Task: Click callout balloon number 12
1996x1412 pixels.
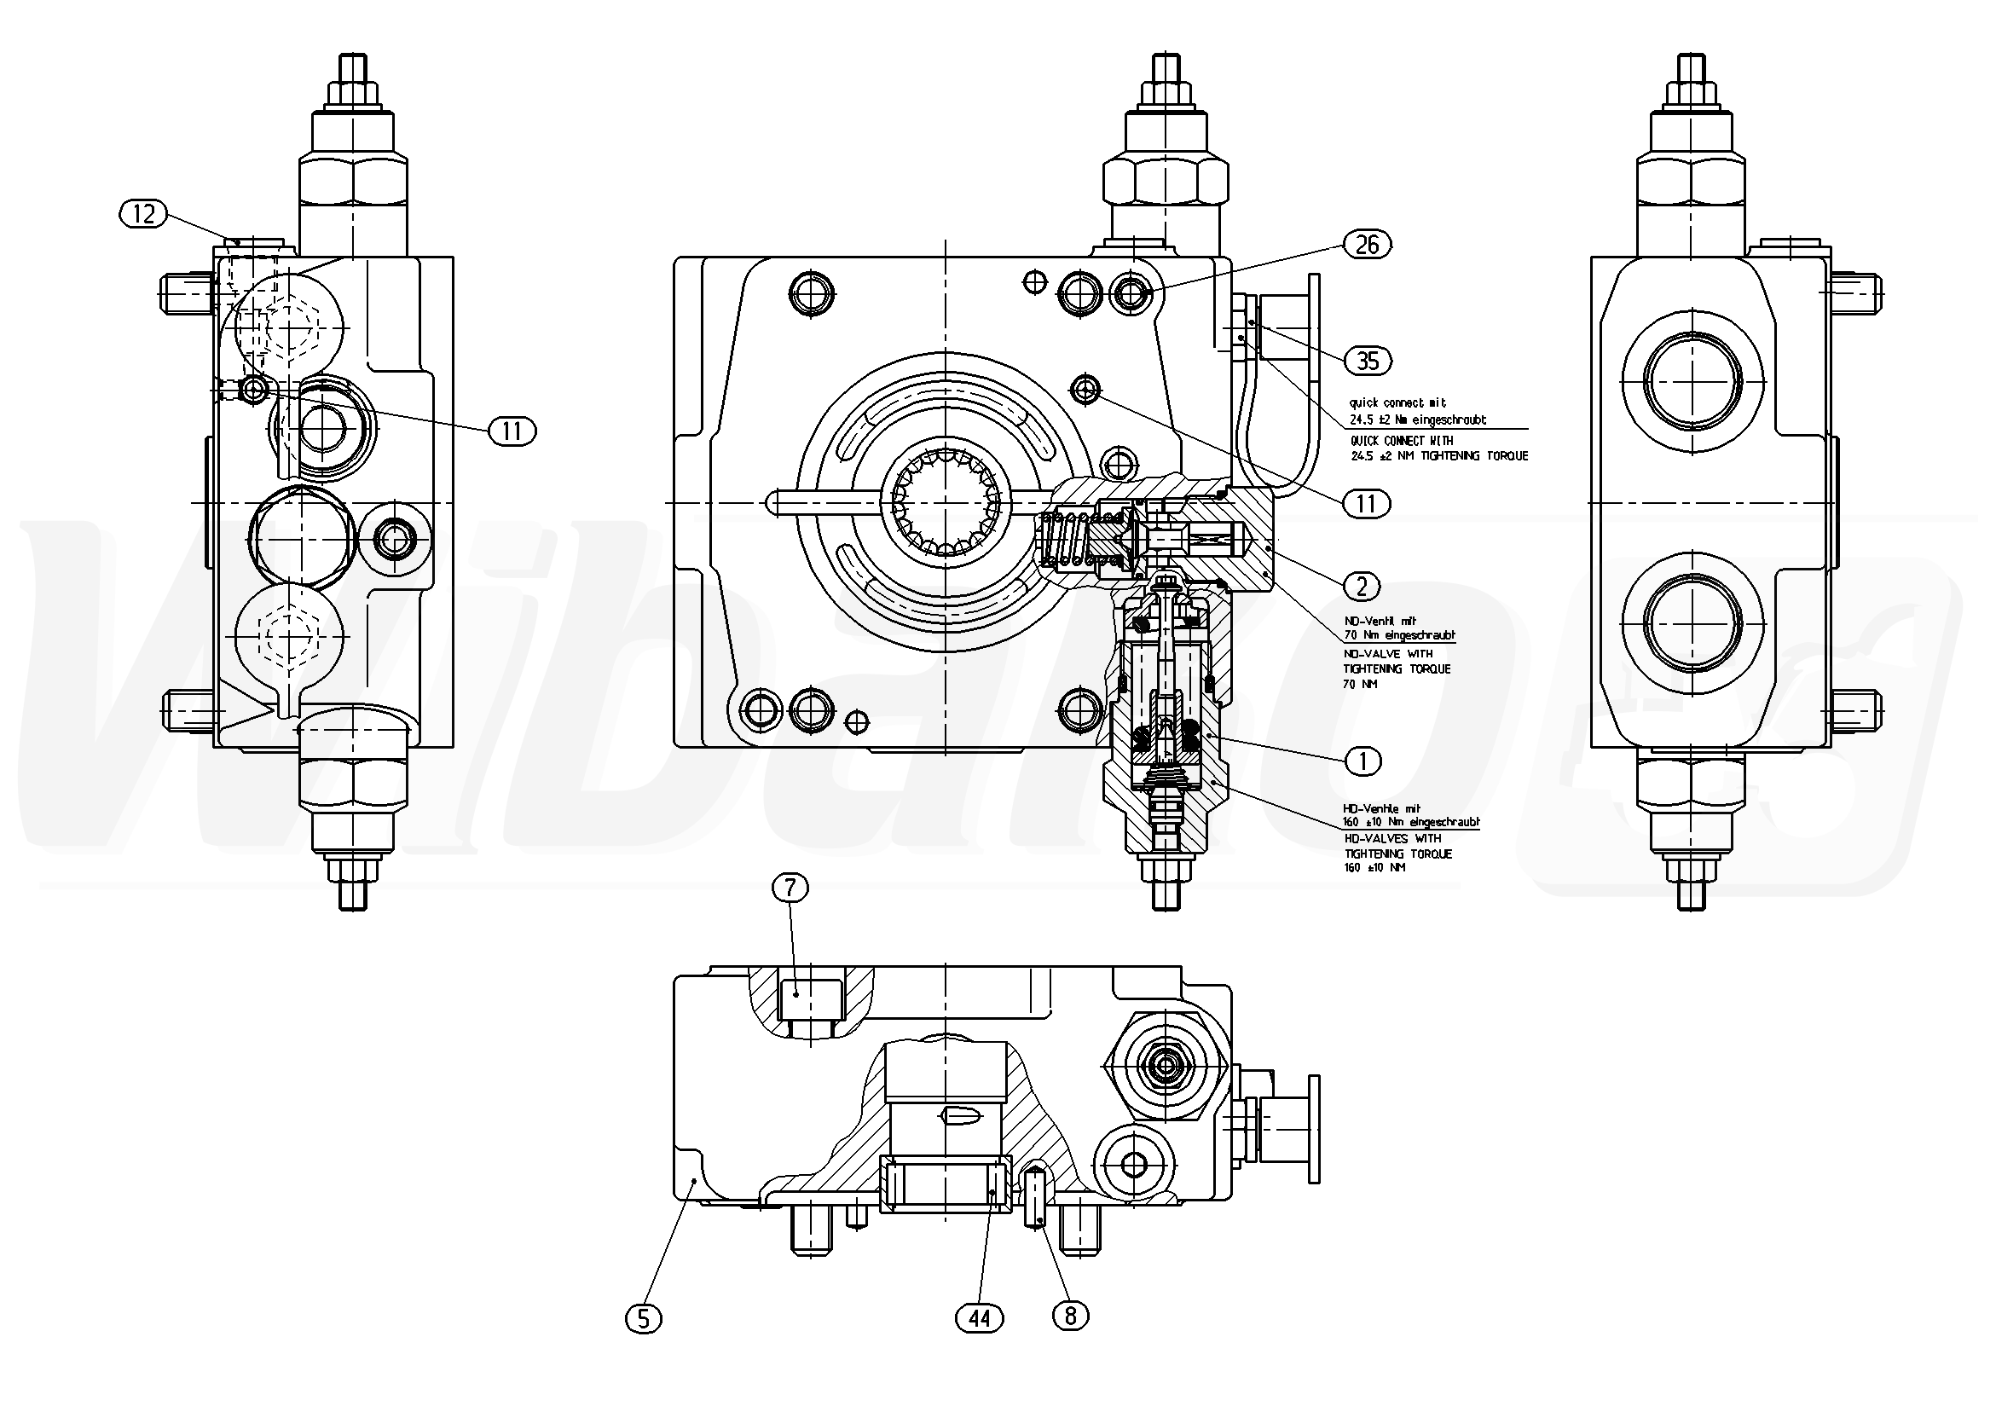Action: [144, 213]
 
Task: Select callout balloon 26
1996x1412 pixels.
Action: [1367, 246]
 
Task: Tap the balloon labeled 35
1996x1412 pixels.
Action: [1368, 360]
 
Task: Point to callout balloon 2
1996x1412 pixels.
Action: [1362, 586]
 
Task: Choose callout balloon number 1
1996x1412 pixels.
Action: [1362, 761]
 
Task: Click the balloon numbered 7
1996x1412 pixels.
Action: [790, 888]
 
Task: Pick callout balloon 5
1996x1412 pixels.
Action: [644, 1319]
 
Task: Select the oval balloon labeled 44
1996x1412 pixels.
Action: [980, 1319]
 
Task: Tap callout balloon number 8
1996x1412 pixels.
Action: [1070, 1317]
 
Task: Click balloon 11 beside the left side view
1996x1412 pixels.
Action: [512, 431]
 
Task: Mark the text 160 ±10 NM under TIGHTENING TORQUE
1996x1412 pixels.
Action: [1374, 868]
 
